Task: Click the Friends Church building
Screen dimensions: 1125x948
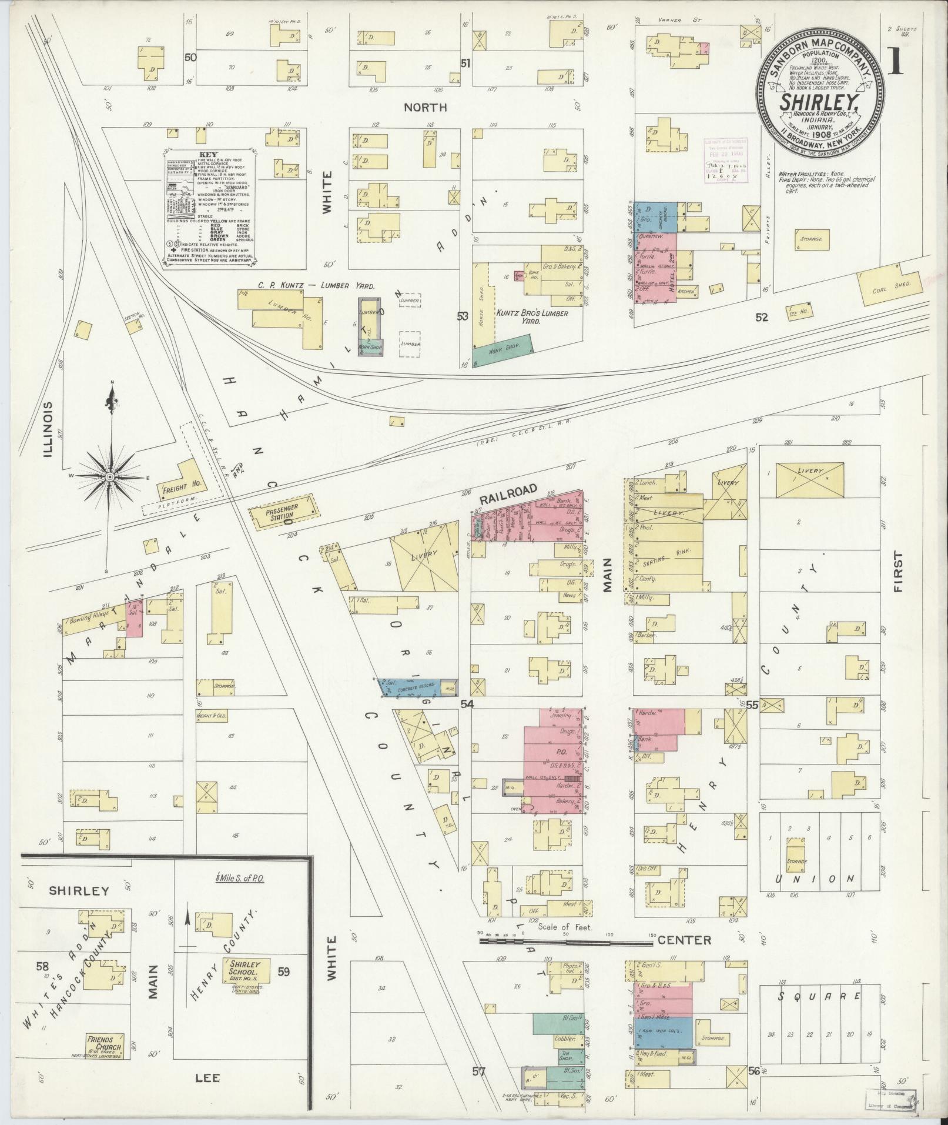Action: [105, 1043]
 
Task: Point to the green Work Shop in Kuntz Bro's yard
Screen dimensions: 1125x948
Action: [503, 351]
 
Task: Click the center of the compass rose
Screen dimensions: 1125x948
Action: [110, 476]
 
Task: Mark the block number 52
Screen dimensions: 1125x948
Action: [762, 318]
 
